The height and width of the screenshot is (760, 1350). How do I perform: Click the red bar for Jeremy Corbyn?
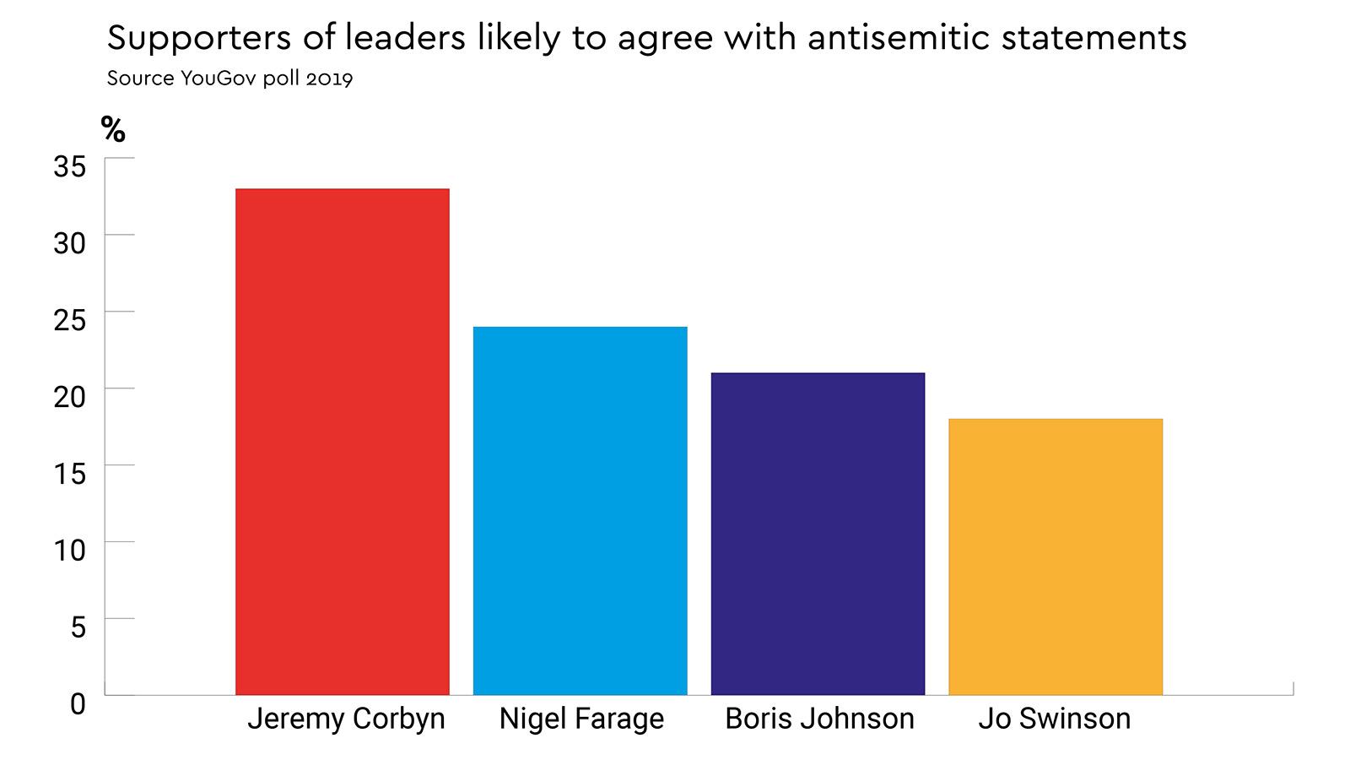(342, 441)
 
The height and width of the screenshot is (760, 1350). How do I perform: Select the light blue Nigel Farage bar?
(580, 510)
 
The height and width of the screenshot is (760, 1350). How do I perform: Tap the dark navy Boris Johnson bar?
(818, 533)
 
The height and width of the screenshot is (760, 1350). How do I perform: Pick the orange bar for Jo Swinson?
(1055, 556)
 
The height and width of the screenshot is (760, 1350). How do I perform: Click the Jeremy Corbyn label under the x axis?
(346, 719)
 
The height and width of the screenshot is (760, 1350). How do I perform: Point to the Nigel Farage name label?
(581, 719)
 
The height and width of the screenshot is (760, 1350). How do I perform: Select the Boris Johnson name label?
(819, 719)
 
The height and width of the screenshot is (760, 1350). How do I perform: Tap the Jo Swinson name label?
(1054, 719)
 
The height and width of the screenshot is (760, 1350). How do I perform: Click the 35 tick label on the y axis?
(70, 166)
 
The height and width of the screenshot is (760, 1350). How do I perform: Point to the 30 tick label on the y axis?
(70, 243)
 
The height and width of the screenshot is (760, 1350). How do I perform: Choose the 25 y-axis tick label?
(70, 320)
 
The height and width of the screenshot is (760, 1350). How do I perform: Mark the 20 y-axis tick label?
(70, 397)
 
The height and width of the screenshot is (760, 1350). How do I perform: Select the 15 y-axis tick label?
(70, 474)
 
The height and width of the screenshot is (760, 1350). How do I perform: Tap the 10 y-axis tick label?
(70, 551)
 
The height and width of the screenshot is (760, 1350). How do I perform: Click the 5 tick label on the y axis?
(78, 627)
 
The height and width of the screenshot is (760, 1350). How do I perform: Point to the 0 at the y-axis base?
(78, 703)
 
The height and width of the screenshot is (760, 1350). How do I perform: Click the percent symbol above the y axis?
(113, 129)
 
